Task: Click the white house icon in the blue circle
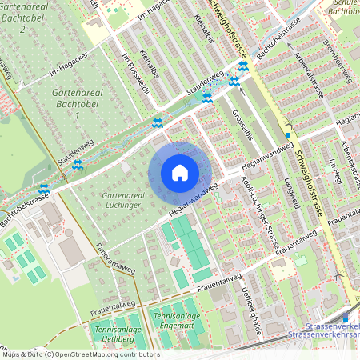[x=180, y=172]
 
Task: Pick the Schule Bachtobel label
[x=343, y=9]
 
